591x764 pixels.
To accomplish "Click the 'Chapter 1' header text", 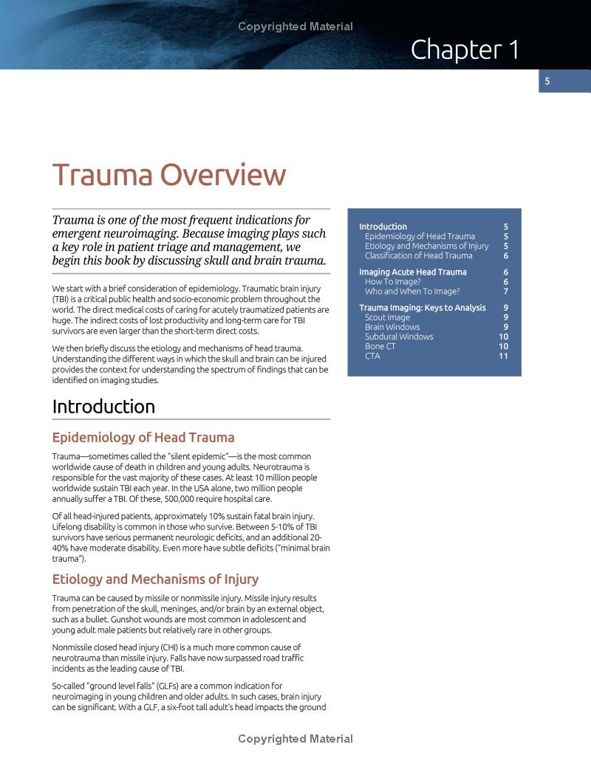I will tap(465, 49).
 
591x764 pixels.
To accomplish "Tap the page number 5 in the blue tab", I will tap(547, 81).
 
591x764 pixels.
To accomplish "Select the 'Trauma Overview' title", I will tap(168, 175).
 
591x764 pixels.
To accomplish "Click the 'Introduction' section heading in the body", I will tap(103, 407).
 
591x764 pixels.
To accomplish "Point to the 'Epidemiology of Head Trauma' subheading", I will tap(143, 438).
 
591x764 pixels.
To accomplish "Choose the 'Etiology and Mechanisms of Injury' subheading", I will tap(155, 579).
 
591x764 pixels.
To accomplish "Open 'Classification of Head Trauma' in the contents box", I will tap(418, 255).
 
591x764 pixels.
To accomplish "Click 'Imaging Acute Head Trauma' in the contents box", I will tap(412, 272).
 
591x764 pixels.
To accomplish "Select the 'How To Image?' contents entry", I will tap(392, 282).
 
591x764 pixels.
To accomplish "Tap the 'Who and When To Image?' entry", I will tap(412, 292).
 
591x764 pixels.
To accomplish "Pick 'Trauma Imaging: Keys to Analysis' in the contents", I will tap(422, 308).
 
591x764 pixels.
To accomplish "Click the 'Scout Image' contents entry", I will tap(387, 317).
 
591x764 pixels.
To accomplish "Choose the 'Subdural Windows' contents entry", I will tap(399, 337).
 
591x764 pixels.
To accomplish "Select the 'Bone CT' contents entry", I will tap(380, 346).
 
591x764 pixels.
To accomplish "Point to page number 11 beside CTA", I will tap(503, 356).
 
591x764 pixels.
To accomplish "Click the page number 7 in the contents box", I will tap(505, 292).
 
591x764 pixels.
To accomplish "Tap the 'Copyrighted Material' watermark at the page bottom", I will tap(295, 739).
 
